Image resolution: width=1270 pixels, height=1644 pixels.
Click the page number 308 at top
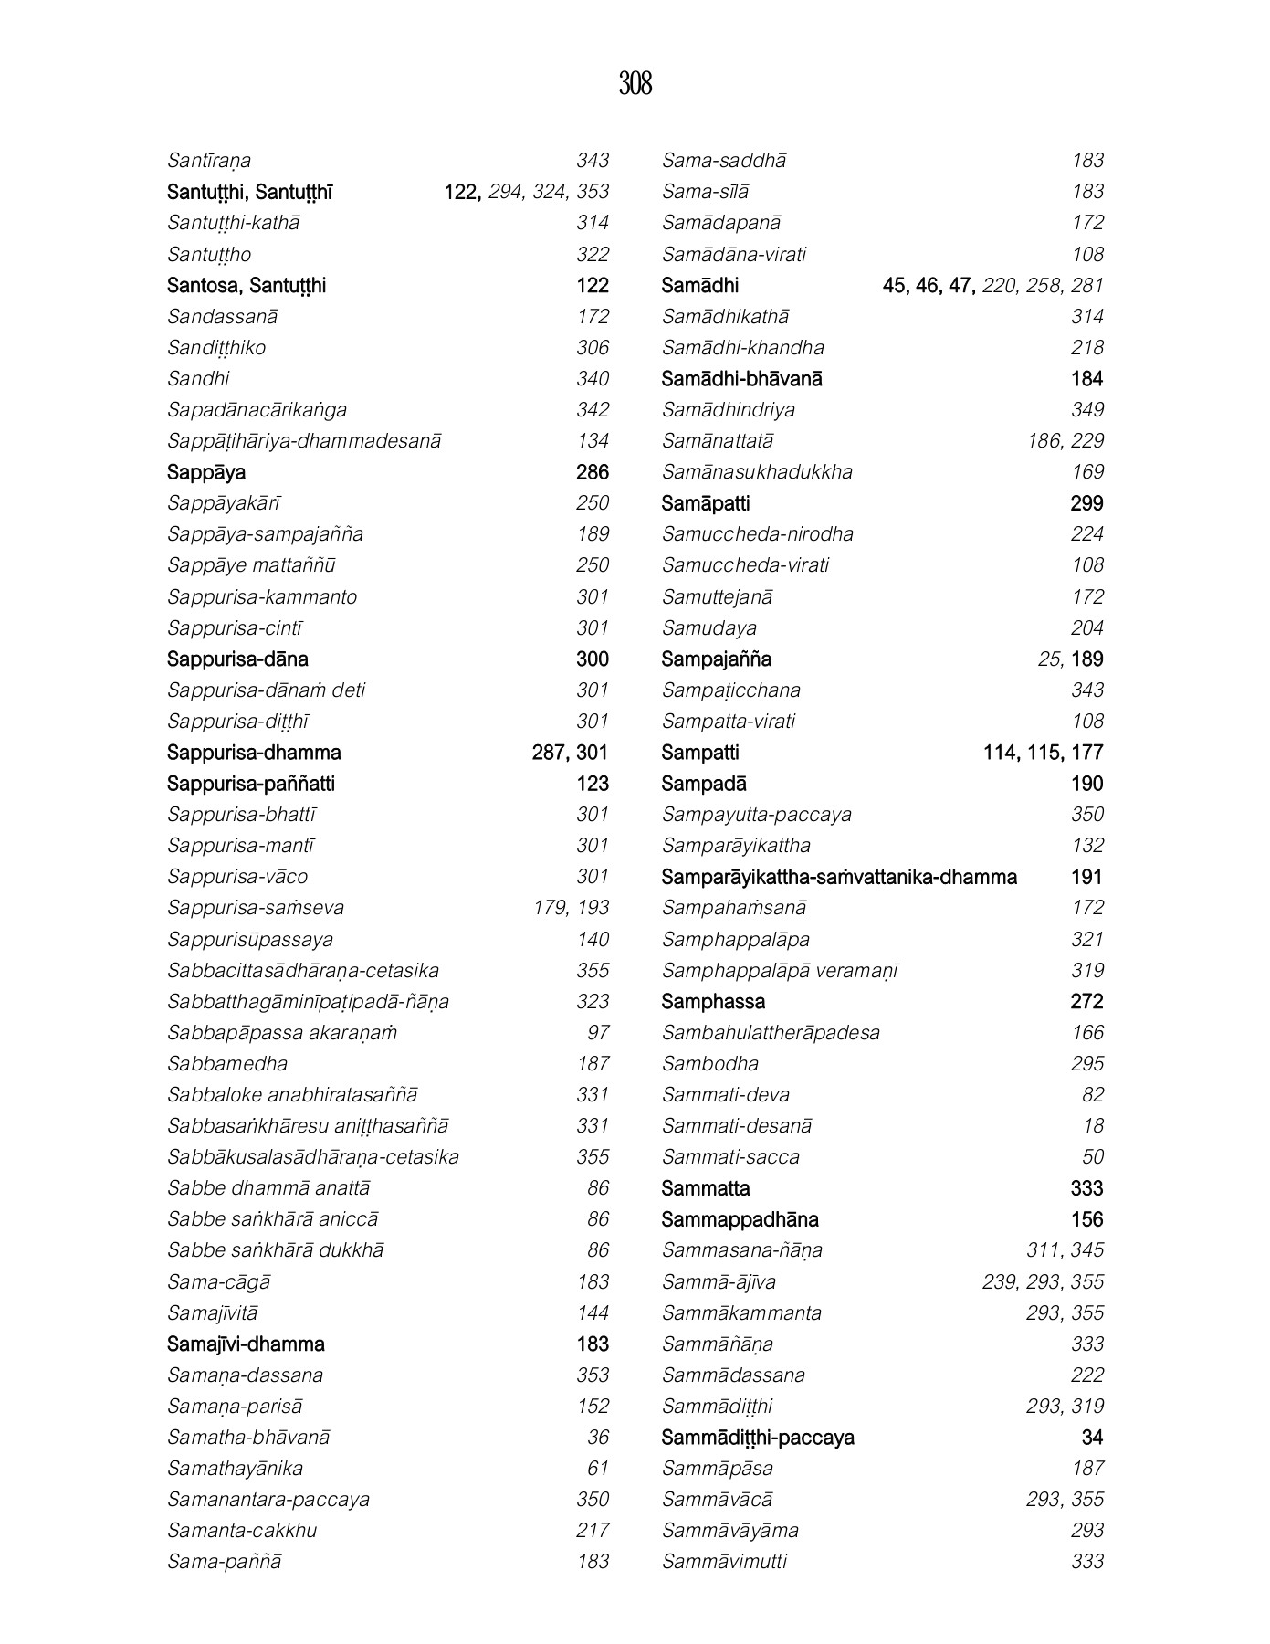(635, 84)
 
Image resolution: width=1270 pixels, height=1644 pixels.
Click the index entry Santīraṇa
(209, 161)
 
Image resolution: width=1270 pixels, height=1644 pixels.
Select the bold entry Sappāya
(206, 472)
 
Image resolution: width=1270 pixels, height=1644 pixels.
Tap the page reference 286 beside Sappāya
(592, 472)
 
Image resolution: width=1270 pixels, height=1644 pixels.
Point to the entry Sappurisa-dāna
(237, 659)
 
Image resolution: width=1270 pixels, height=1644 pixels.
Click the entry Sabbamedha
(227, 1064)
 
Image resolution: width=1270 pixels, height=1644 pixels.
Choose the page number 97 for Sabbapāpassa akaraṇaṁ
(597, 1033)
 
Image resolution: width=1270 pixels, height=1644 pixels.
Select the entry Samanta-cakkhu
(242, 1531)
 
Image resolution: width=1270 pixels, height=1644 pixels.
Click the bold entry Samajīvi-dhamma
(246, 1344)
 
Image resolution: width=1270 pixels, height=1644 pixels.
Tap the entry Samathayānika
(235, 1469)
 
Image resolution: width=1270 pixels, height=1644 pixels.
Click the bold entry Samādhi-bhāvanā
(741, 379)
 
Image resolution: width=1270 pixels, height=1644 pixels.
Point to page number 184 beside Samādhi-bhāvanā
(1086, 379)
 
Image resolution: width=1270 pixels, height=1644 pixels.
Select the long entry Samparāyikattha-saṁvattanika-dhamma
(838, 878)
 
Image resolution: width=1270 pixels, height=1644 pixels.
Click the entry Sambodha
(709, 1064)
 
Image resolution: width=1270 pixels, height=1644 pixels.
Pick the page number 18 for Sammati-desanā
(1092, 1126)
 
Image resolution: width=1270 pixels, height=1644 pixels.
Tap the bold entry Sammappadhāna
(740, 1220)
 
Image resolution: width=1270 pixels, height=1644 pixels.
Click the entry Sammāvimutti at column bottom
(724, 1562)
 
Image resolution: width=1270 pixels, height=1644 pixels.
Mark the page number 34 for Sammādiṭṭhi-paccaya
(1092, 1438)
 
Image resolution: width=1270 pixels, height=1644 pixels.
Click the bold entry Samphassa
(713, 1002)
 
